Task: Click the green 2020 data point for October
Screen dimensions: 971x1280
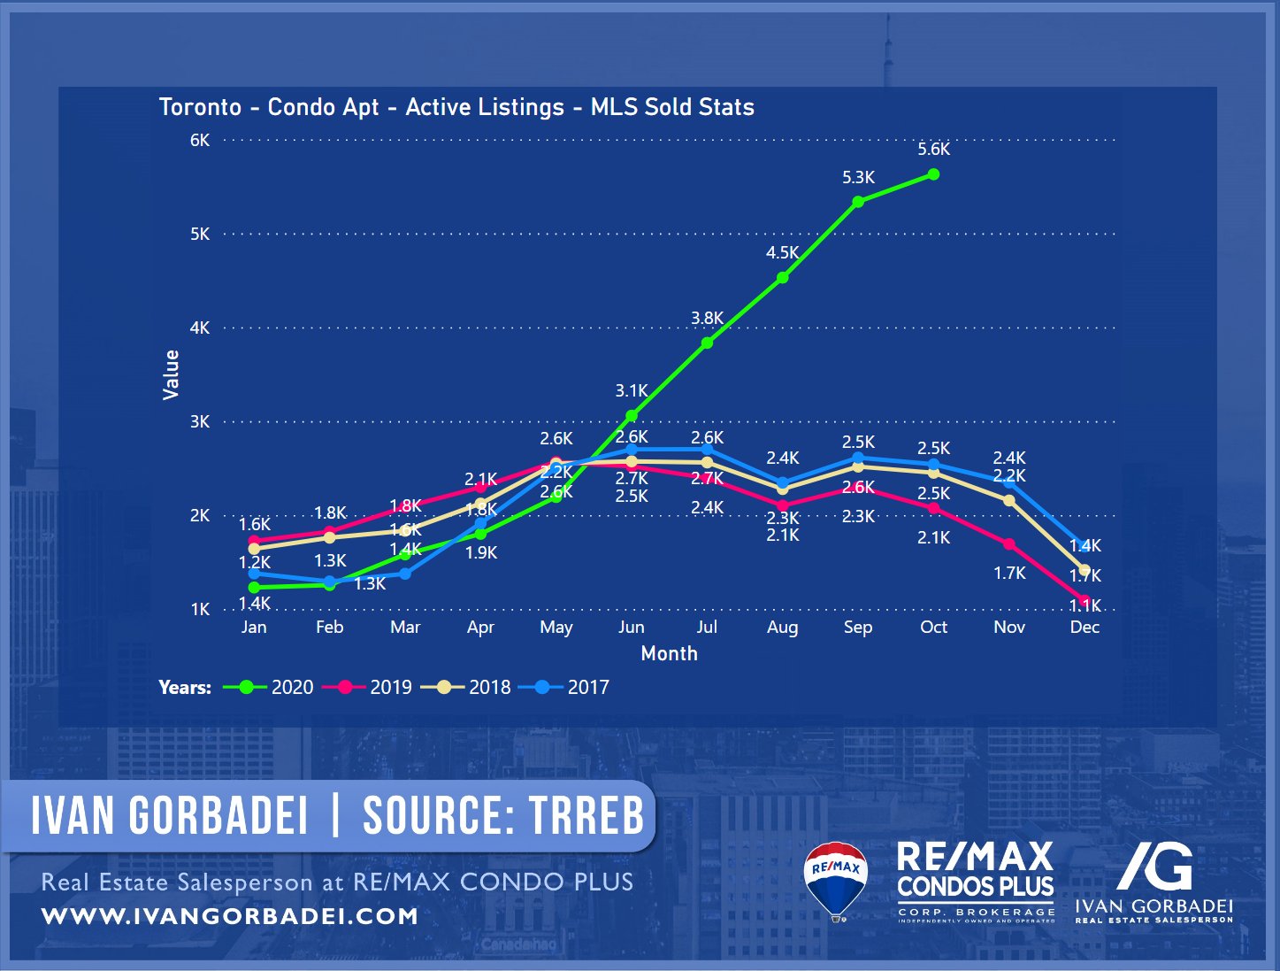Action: [x=933, y=174]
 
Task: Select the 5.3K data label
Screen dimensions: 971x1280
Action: [x=858, y=178]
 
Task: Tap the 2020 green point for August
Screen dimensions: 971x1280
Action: [x=782, y=278]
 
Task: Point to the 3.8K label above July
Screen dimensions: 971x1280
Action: [x=707, y=319]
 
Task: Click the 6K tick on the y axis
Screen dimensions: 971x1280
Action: [x=200, y=140]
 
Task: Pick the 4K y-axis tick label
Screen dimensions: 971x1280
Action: [x=200, y=328]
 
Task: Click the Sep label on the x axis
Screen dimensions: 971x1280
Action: [x=858, y=628]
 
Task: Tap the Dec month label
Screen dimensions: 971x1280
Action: [x=1085, y=628]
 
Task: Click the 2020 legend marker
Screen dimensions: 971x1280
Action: [x=246, y=688]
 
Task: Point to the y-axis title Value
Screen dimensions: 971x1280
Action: [x=171, y=374]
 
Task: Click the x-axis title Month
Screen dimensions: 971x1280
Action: [x=669, y=654]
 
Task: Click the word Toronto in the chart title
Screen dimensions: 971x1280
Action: [x=200, y=107]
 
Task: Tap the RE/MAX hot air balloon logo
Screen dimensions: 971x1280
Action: [x=836, y=880]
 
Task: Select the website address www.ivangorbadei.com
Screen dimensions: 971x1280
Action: [x=230, y=916]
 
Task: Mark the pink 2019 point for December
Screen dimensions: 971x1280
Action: [x=1085, y=600]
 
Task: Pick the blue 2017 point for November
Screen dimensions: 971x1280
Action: [x=1009, y=482]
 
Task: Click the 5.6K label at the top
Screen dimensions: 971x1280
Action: [x=933, y=150]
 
